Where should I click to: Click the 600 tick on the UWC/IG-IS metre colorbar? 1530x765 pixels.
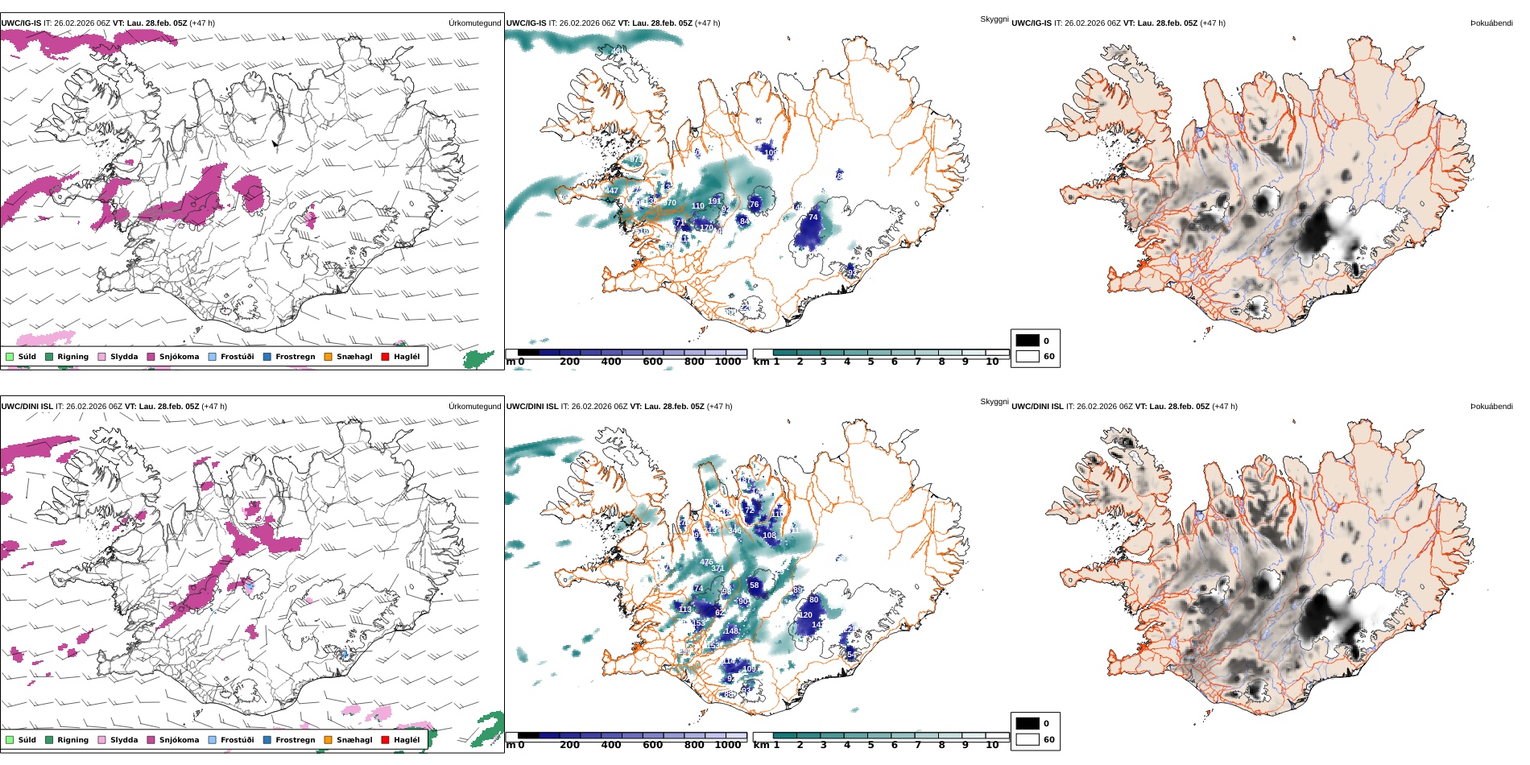tap(653, 362)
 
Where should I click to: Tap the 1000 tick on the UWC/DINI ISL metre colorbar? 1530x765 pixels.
tap(728, 745)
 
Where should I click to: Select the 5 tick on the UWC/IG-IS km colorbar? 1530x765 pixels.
tap(870, 362)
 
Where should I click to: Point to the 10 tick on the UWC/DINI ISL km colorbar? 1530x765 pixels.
tap(992, 745)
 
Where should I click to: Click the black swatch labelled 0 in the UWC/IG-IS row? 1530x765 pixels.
tap(1028, 341)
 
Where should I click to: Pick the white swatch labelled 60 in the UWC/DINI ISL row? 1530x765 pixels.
tap(1028, 739)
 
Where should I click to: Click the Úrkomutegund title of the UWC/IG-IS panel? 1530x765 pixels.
tap(474, 23)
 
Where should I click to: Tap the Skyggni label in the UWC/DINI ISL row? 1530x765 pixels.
tap(994, 402)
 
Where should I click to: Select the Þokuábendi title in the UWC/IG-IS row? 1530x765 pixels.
tap(1491, 23)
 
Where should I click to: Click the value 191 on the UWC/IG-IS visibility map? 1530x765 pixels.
tap(714, 201)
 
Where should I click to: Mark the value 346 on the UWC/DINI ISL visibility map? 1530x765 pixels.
tap(734, 531)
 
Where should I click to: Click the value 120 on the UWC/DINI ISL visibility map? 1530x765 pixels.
tap(806, 615)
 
